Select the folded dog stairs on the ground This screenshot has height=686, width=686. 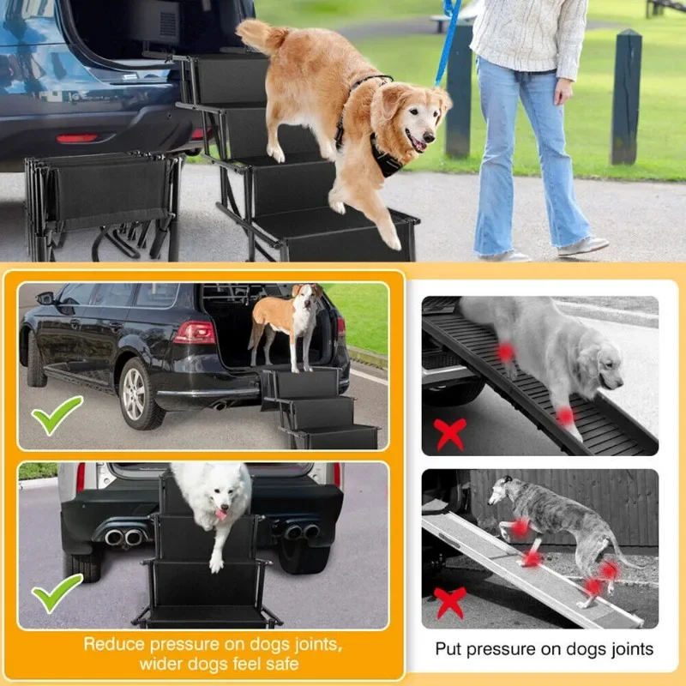click(x=103, y=202)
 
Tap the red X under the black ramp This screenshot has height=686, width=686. click(x=450, y=434)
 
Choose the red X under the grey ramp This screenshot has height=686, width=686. click(x=450, y=602)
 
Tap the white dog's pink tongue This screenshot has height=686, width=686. click(x=222, y=514)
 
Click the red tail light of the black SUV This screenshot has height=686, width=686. click(x=195, y=332)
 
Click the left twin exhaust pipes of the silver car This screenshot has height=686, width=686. click(x=124, y=537)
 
